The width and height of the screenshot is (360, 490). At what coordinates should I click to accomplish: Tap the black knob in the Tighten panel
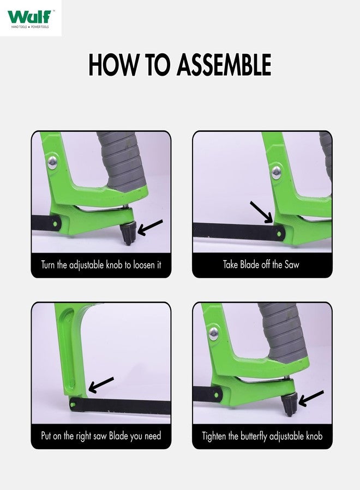[x=289, y=404]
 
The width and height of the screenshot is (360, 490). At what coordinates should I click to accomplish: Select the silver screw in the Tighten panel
[x=214, y=330]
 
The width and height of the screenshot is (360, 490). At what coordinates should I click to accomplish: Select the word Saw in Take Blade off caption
[x=289, y=265]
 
